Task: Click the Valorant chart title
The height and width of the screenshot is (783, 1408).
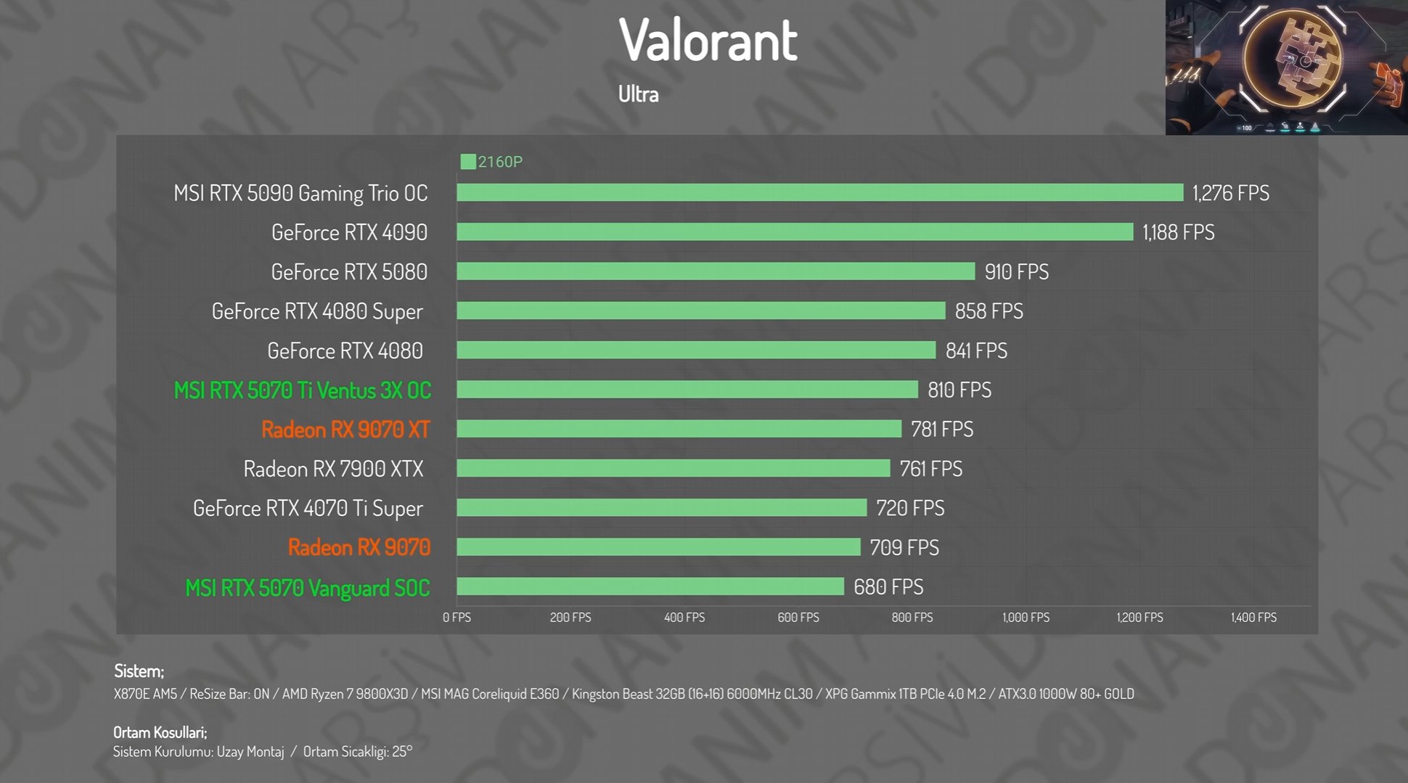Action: [708, 40]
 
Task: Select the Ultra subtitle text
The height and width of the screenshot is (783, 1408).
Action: [638, 94]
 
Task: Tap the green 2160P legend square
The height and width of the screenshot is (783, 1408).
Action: [468, 162]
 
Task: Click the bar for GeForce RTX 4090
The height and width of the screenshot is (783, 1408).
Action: [795, 232]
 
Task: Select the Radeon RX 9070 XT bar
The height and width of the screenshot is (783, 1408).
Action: [679, 430]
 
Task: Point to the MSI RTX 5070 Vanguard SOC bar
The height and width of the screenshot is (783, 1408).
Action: [650, 587]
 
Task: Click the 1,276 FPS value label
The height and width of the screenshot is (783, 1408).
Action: [1231, 193]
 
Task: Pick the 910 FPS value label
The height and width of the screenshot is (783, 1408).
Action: [1016, 272]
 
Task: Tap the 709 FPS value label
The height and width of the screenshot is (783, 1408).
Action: [904, 548]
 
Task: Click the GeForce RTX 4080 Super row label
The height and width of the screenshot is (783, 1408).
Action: [317, 311]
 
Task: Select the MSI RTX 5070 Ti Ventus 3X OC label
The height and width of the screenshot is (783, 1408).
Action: [302, 390]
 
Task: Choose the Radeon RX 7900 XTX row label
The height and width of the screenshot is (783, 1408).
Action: [333, 470]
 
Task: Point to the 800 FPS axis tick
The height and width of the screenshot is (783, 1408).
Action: [912, 618]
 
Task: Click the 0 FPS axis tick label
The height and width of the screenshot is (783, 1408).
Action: [457, 618]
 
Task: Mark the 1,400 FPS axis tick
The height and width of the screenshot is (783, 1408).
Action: [1253, 618]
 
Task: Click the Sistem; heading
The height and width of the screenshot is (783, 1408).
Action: [139, 671]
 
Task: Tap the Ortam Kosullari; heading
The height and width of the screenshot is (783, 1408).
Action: [160, 732]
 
